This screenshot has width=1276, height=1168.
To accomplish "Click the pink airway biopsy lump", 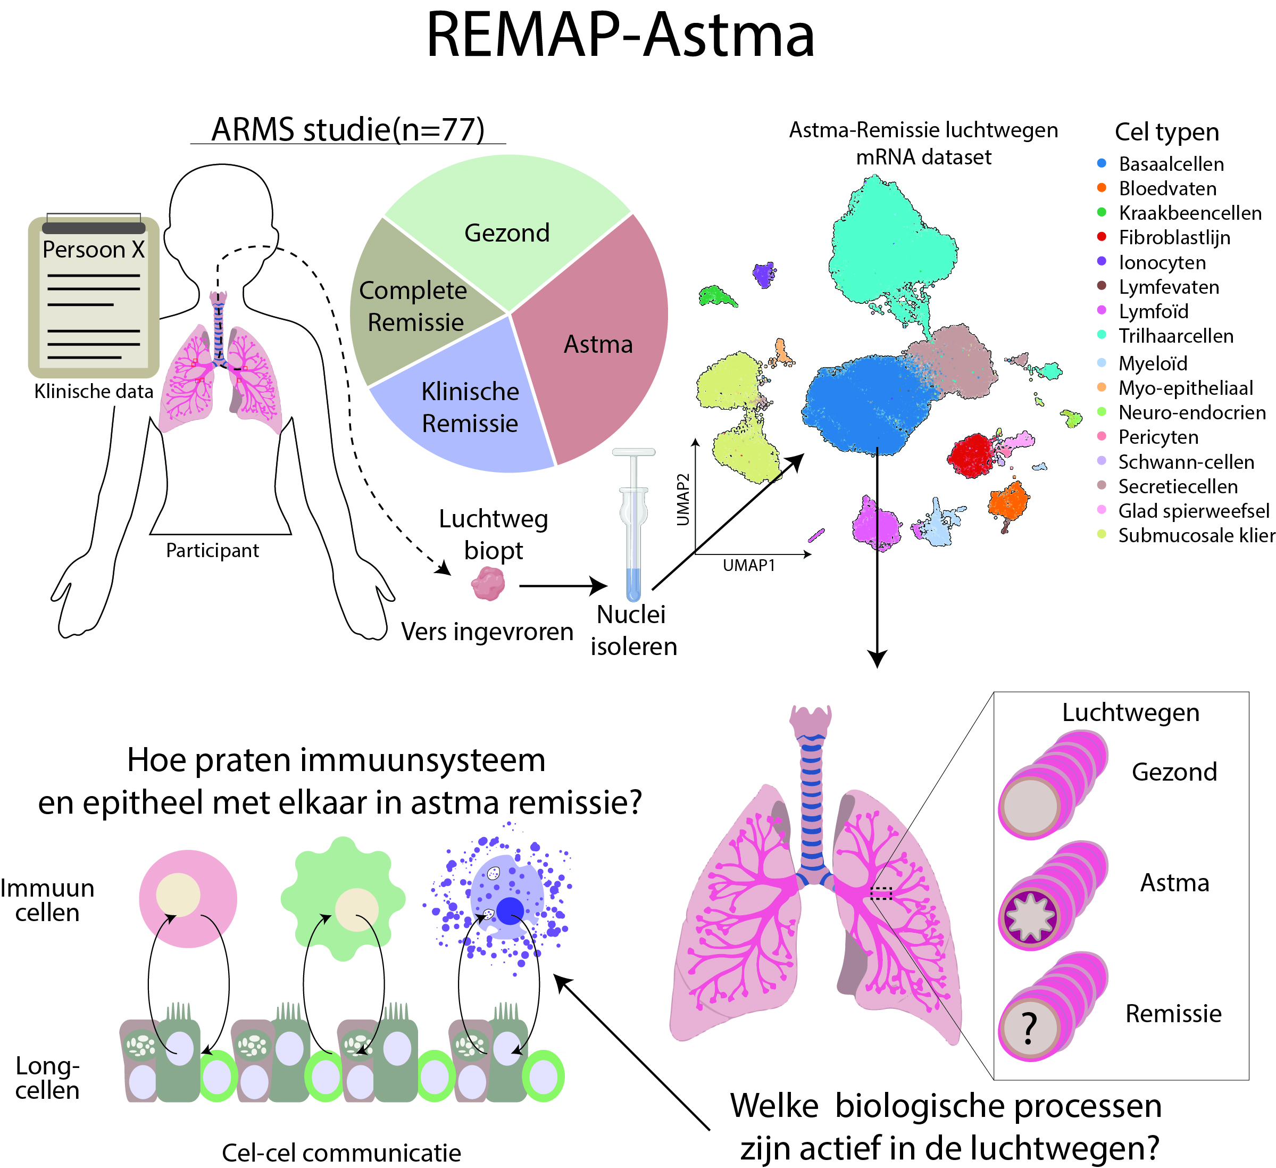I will click(x=488, y=583).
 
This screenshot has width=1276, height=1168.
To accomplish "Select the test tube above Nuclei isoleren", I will click(x=633, y=525).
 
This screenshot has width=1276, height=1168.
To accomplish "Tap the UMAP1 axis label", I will click(x=749, y=565).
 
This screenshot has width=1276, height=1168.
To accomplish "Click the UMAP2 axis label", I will click(x=683, y=500).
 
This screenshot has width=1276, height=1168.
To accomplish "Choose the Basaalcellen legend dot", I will click(x=1102, y=163).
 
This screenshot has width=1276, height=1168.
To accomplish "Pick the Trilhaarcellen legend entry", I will click(x=1175, y=336).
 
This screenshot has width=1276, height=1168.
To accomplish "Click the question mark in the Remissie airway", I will click(x=1030, y=1028).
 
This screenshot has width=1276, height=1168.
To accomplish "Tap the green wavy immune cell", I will click(x=343, y=899).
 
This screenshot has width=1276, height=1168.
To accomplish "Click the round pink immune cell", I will click(x=188, y=898).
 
